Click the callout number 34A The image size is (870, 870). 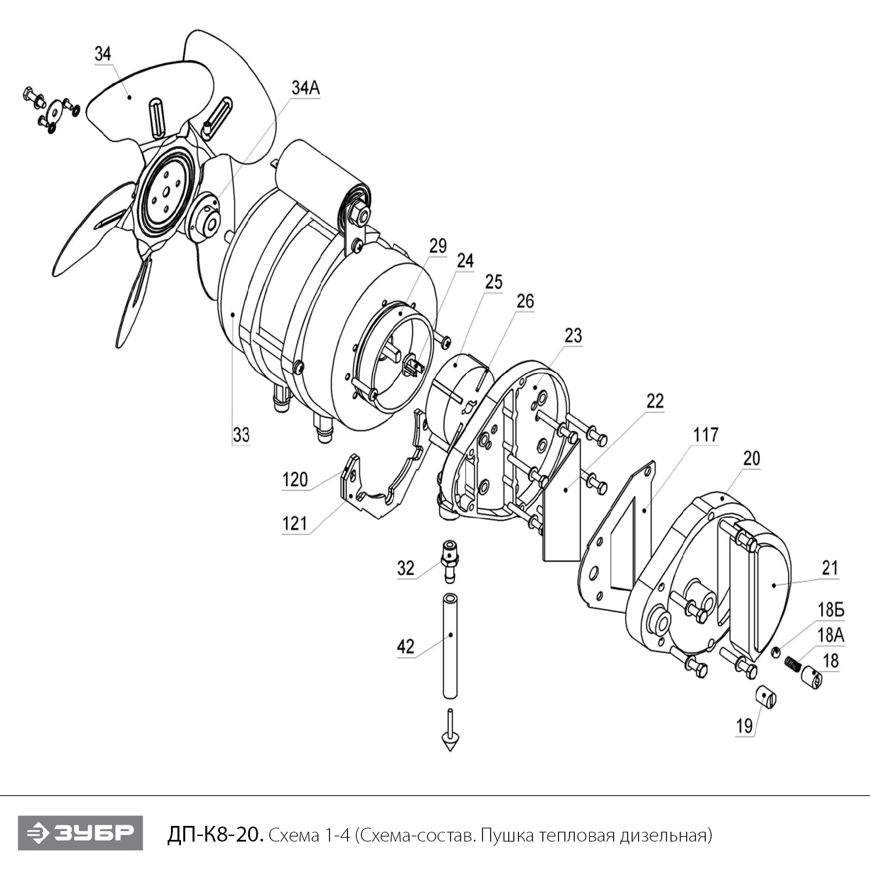coord(305,88)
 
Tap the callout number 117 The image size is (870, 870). coord(705,434)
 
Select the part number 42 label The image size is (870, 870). coord(405,646)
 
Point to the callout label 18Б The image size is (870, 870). coord(831,610)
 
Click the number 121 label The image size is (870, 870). coord(294,524)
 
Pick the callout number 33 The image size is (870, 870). coord(241,434)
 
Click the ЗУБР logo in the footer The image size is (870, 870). coord(80,833)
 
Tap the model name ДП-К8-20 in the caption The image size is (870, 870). coord(215,835)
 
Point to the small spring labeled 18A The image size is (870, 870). coord(792,662)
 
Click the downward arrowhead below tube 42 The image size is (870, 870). coord(449,742)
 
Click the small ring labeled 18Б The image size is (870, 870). coord(777,654)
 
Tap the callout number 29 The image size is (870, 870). coord(438,246)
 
